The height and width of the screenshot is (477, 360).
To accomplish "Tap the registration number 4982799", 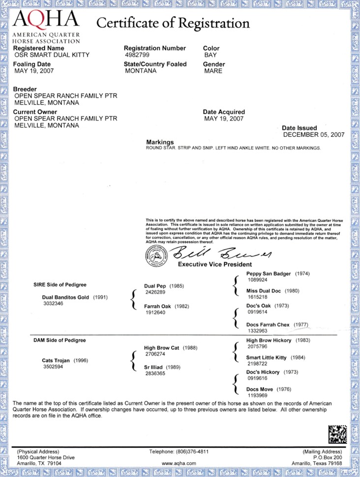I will click(139, 56).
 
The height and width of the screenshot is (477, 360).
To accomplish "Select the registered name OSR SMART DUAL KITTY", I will click(51, 56).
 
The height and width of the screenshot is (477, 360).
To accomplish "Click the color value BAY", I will click(210, 56).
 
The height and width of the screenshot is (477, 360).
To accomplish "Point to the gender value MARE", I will click(213, 71).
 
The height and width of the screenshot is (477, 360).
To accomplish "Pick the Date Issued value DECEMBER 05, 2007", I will click(314, 135).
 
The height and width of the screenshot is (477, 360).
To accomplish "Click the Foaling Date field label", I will click(32, 64).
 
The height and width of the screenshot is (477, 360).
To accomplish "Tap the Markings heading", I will click(160, 142).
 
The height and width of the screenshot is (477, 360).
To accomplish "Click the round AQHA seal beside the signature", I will click(156, 256).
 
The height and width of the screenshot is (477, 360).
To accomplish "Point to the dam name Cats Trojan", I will click(57, 360).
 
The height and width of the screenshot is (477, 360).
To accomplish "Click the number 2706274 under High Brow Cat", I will click(155, 354).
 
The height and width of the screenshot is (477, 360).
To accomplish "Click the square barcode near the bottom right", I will click(337, 434).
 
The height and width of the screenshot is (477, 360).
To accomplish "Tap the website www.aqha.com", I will click(179, 463).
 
